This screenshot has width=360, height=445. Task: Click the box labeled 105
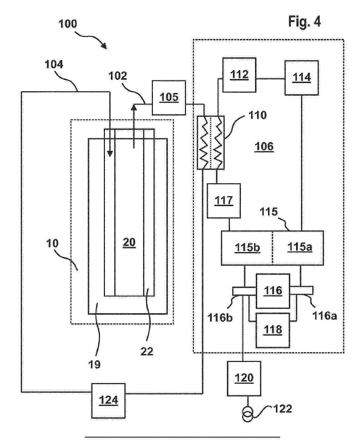[x=169, y=98]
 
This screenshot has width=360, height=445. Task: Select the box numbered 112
[x=239, y=75]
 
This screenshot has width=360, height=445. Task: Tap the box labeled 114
[x=302, y=77]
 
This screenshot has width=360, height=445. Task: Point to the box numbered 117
[x=224, y=200]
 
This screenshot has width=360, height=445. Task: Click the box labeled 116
[x=273, y=291]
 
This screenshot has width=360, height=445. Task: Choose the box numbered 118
[x=273, y=330]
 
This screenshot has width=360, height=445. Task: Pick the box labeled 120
[x=244, y=378]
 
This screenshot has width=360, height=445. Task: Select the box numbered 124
[x=109, y=400]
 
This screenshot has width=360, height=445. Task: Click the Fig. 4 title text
[x=304, y=22]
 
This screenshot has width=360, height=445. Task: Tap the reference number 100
[x=67, y=24]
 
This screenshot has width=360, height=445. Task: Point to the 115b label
[x=247, y=247]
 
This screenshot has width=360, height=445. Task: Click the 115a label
[x=299, y=247]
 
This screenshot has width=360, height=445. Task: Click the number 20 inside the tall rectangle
[x=129, y=243]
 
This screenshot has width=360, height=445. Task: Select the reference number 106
[x=264, y=146]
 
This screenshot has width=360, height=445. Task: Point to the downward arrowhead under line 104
[x=110, y=154]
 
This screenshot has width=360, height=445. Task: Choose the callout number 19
[x=95, y=364]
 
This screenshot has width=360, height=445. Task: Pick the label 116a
[x=325, y=316]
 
